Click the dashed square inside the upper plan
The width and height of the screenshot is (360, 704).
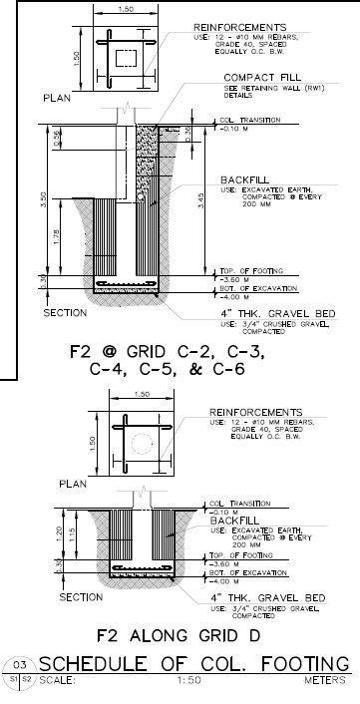(127, 57)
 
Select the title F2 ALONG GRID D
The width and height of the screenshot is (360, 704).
(179, 634)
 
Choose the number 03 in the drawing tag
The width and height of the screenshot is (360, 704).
(17, 664)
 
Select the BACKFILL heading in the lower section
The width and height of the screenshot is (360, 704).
(231, 521)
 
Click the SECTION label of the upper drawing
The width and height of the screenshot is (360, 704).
(66, 313)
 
